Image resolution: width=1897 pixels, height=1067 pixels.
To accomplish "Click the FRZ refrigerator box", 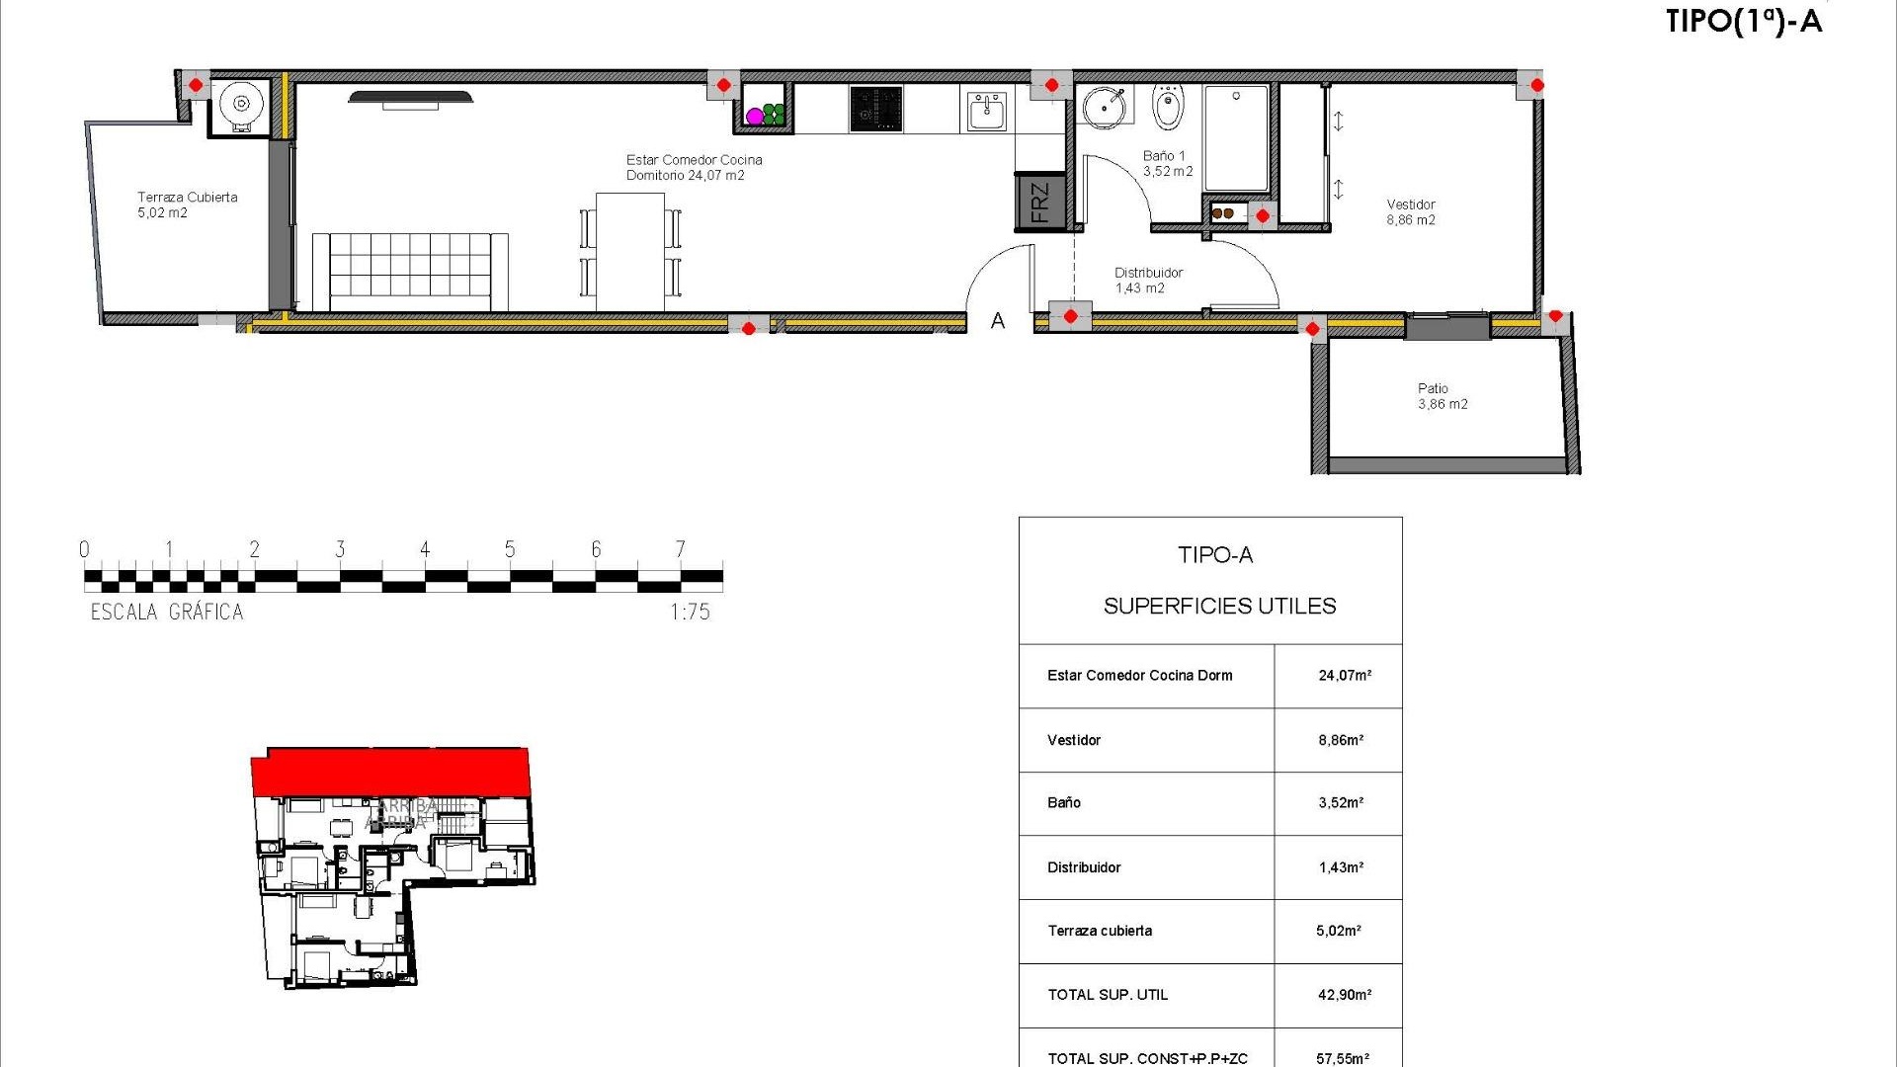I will [1039, 203].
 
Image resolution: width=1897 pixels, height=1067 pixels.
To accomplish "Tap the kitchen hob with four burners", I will [876, 109].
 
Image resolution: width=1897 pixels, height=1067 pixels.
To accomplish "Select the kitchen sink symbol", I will [986, 112].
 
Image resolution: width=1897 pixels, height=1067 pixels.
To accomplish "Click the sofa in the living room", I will [410, 272].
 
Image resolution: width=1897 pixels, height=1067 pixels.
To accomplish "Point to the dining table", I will [630, 251].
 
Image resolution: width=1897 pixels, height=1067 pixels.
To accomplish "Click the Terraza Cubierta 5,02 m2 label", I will [187, 205].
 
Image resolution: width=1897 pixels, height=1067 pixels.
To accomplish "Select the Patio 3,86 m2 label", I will [1442, 396].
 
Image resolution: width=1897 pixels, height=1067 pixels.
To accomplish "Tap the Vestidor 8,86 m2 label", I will [1410, 212].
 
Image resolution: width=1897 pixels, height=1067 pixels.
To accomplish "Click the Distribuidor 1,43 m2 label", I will [1147, 281].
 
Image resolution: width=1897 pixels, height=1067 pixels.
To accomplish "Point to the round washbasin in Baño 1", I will [1104, 107].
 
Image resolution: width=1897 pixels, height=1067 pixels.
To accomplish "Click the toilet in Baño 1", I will [1168, 109].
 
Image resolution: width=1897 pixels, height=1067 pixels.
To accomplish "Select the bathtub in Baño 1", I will [1236, 138].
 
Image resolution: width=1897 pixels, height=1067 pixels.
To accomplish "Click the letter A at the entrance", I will [998, 321].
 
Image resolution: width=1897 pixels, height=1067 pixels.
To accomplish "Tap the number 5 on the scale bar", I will [510, 549].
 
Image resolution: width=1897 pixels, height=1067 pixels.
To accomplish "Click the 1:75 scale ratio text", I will [690, 613].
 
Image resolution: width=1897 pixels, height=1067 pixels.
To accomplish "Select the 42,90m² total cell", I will [1344, 995].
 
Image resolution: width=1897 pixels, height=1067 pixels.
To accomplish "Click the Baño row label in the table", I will [1064, 803].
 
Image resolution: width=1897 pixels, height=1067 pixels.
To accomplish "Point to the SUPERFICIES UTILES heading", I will [1219, 607].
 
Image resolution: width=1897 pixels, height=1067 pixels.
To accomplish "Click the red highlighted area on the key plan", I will [390, 772].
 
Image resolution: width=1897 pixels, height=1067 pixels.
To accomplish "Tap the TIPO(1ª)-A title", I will [1743, 22].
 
